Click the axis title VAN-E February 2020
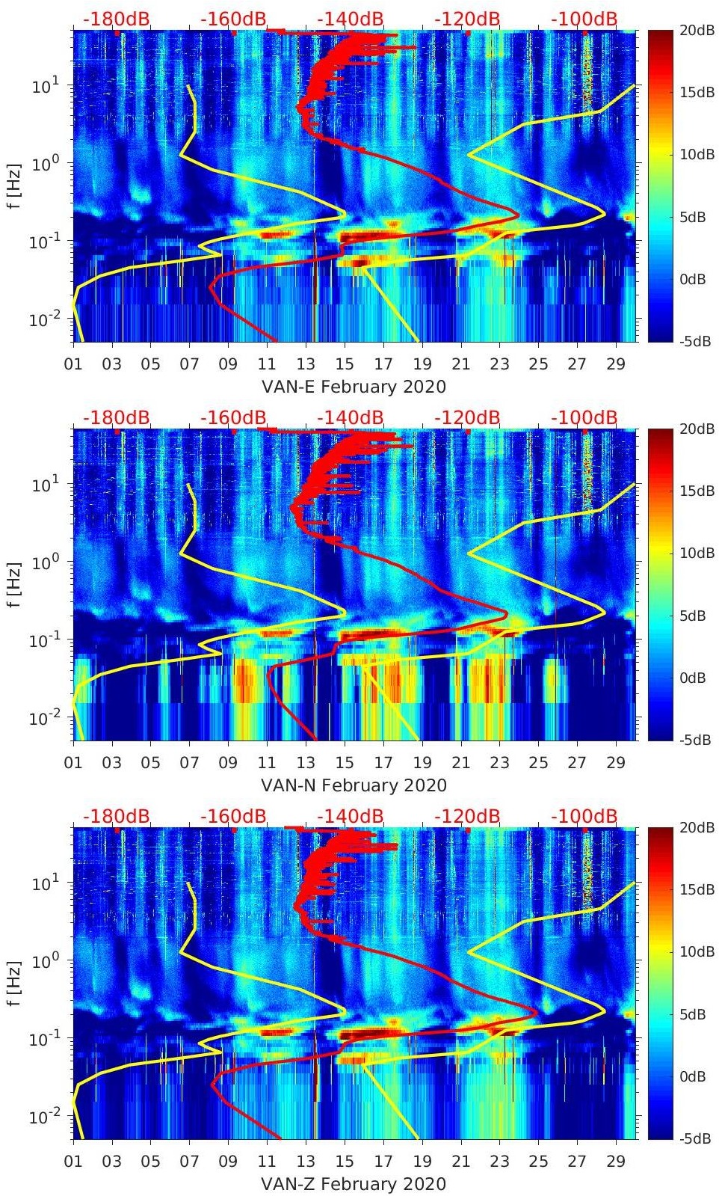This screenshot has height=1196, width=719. click(353, 387)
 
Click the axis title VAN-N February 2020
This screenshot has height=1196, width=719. click(354, 785)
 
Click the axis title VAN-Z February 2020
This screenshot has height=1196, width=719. click(353, 1184)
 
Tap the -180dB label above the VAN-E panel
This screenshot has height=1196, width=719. click(116, 19)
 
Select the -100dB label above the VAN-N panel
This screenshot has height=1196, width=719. click(584, 417)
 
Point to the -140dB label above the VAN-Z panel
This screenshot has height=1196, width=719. click(350, 816)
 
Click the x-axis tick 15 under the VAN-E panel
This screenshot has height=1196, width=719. click(345, 364)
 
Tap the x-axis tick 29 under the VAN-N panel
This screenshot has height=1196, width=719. click(616, 763)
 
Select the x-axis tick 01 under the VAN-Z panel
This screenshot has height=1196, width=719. click(73, 1162)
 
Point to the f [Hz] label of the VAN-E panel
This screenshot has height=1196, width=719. click(17, 185)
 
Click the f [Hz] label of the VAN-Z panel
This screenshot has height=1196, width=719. click(17, 983)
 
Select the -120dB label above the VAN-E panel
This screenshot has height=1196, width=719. click(467, 19)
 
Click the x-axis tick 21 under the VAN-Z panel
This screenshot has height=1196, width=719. click(461, 1162)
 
